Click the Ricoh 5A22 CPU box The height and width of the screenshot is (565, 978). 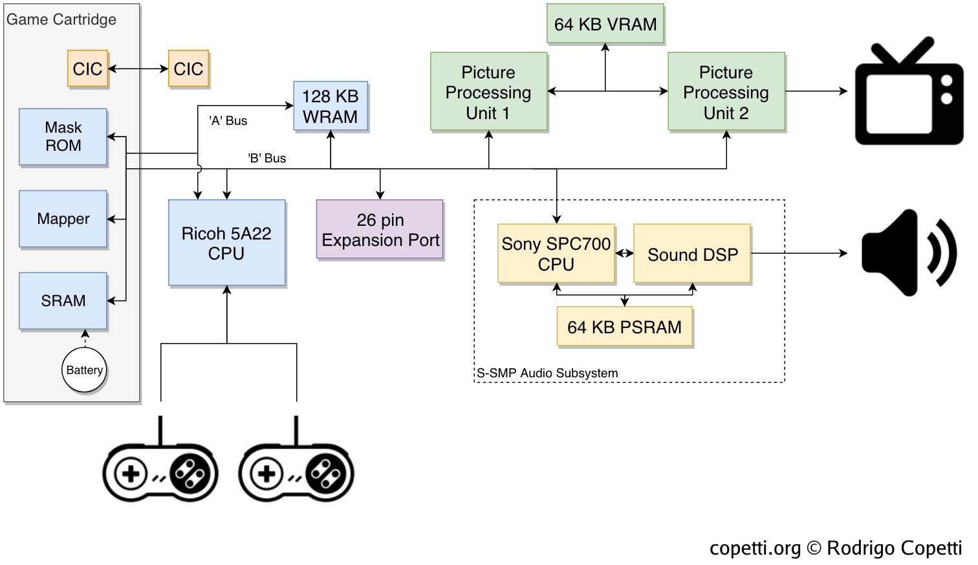[226, 243]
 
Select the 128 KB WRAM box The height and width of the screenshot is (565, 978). [330, 106]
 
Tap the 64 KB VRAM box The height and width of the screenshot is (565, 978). [605, 24]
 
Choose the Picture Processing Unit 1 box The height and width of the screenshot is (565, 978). [488, 92]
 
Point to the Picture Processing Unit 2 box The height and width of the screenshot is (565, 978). [726, 92]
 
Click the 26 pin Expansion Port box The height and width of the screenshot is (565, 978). [380, 230]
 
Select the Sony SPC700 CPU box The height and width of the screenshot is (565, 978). [556, 254]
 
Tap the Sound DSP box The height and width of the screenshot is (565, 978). [692, 254]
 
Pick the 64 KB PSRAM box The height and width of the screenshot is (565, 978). [624, 327]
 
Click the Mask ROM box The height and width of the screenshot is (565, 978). [63, 137]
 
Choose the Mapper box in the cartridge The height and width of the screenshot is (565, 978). [63, 219]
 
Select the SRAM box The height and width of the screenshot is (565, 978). [63, 300]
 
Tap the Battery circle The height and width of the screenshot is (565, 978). [84, 370]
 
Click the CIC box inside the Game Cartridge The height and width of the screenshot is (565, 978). [87, 69]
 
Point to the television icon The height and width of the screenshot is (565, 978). [908, 92]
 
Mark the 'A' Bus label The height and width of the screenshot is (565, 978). [228, 120]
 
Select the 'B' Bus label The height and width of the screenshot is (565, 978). [266, 158]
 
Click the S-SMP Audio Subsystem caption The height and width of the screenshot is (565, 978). [547, 373]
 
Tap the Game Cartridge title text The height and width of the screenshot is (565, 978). [61, 19]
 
